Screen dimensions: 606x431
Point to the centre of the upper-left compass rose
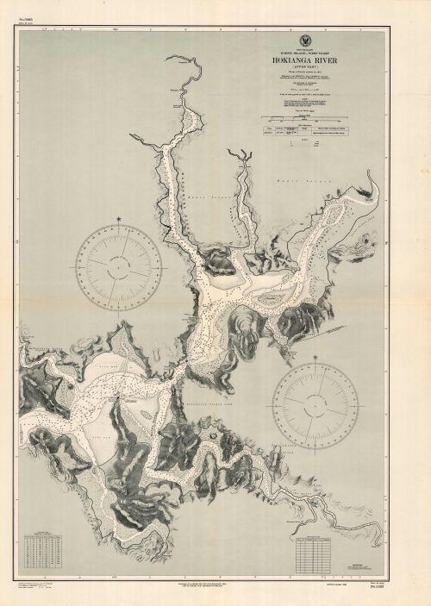coord(119,264)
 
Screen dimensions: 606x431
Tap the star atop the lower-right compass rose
coord(315,355)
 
